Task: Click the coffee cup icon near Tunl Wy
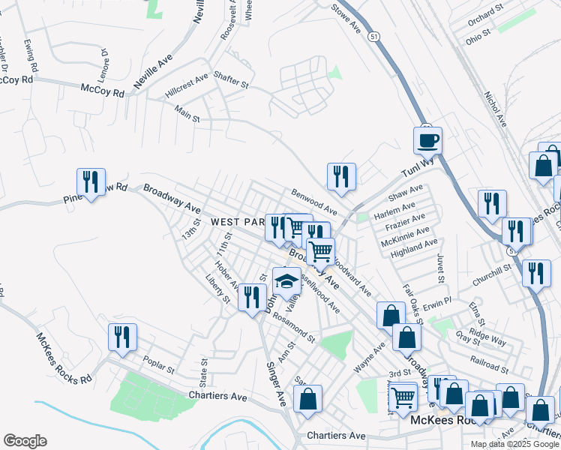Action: pyautogui.click(x=427, y=140)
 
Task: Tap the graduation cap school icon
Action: pyautogui.click(x=286, y=281)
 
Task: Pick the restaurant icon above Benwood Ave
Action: pyautogui.click(x=341, y=177)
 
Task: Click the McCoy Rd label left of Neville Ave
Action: pyautogui.click(x=103, y=91)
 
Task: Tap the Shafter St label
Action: pyautogui.click(x=230, y=80)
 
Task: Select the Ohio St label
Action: pyautogui.click(x=477, y=36)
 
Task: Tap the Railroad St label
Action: pyautogui.click(x=490, y=365)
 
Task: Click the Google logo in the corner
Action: pyautogui.click(x=25, y=440)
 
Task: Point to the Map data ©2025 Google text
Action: pyautogui.click(x=514, y=444)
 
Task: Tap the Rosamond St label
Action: pyautogui.click(x=294, y=327)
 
